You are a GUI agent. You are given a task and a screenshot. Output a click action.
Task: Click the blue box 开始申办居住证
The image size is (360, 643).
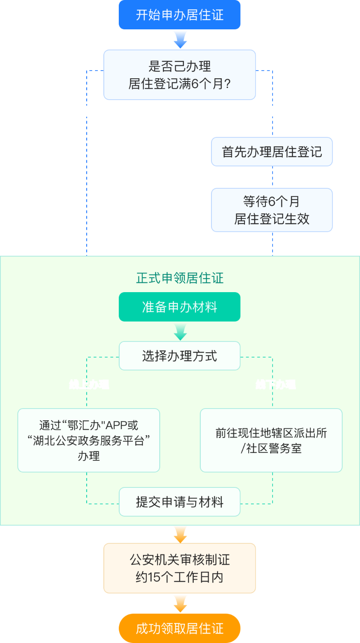point(179,15)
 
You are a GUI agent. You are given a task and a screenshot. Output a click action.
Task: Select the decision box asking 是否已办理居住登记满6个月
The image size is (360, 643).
point(179,75)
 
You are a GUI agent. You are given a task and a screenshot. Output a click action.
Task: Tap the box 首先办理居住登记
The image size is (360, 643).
point(272,152)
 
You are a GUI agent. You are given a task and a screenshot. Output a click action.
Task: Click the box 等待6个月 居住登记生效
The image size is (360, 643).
point(272,210)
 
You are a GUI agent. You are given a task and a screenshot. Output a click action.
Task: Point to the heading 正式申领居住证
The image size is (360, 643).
point(179,278)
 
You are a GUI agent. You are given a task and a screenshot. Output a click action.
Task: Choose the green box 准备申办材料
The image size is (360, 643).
point(179,307)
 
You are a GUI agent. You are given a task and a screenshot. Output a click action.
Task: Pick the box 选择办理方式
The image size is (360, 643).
point(179,356)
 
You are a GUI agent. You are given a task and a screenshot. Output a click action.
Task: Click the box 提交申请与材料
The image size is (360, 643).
point(179,502)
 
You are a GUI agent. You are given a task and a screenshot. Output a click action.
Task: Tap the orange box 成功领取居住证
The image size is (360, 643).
point(179,628)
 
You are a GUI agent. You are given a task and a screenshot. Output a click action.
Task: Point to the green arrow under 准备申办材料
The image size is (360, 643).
point(180,332)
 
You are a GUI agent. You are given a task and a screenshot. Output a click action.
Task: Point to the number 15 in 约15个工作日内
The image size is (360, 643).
point(154,577)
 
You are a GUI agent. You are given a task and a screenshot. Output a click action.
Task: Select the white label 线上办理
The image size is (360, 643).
point(88,385)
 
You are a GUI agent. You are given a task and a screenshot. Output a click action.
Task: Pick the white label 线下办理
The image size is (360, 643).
point(275,385)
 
